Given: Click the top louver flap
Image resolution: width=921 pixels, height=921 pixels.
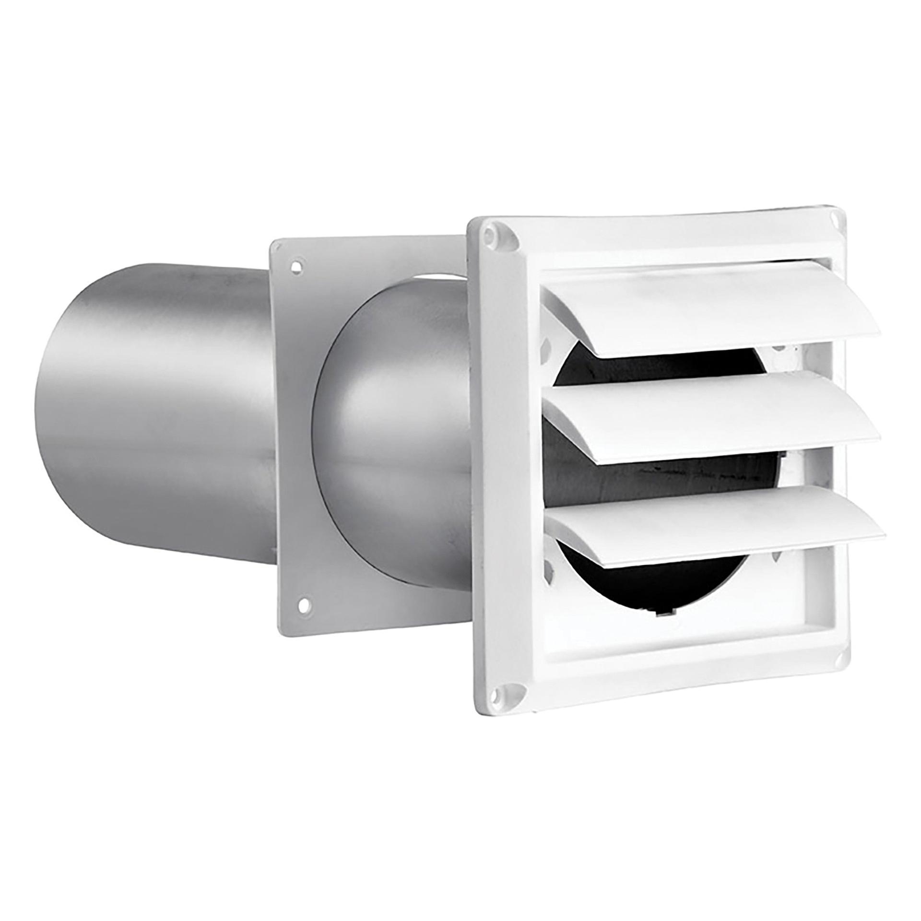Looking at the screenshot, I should pyautogui.click(x=710, y=307).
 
